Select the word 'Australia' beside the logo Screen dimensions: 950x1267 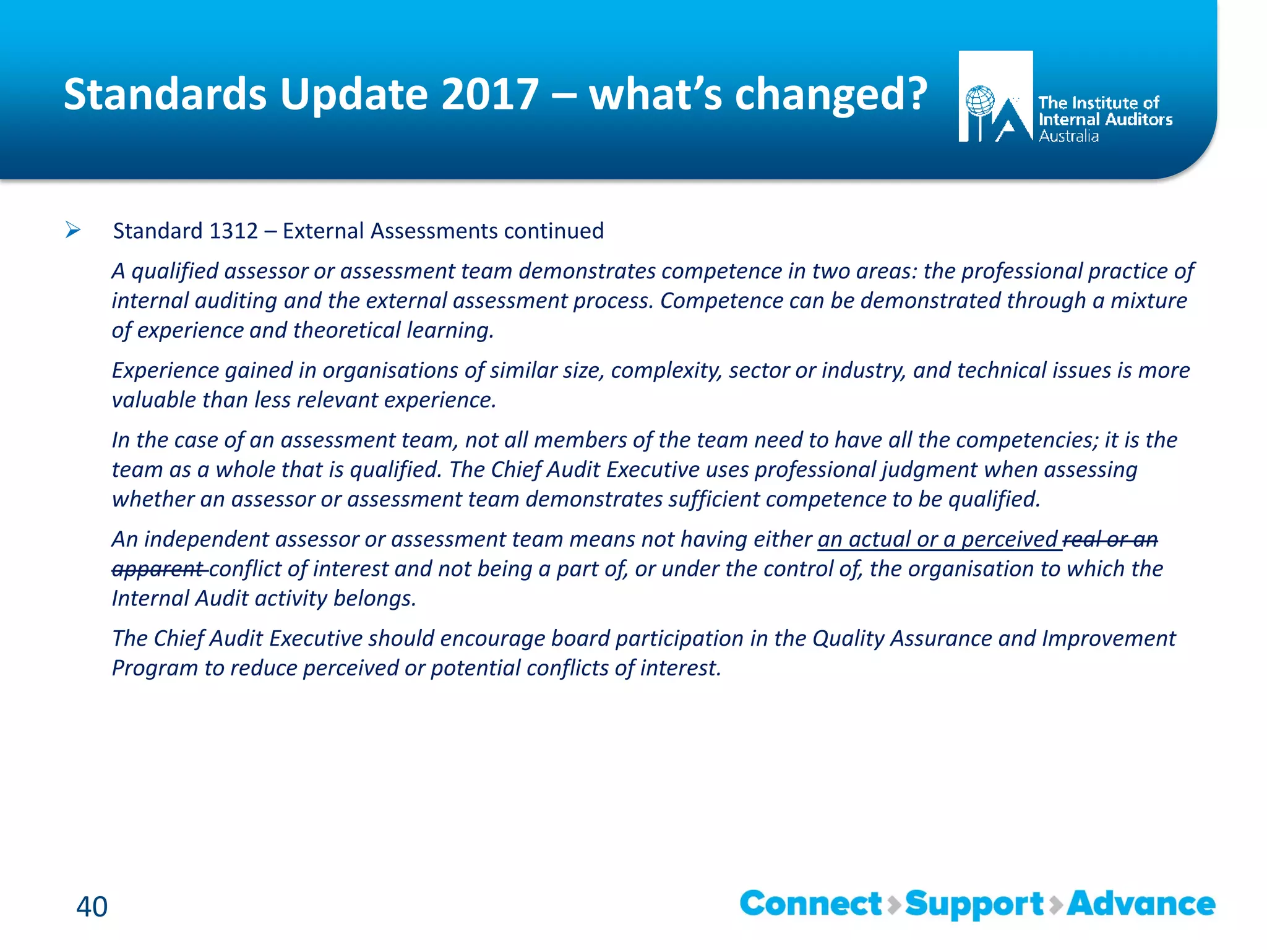tap(1068, 136)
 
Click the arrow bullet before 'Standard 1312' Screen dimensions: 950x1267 tap(73, 231)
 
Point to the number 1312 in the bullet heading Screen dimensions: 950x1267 tap(233, 231)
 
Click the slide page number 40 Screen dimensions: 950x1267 tap(92, 907)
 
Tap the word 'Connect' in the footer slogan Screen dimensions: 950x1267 tap(810, 904)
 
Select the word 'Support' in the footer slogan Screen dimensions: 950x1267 tap(974, 905)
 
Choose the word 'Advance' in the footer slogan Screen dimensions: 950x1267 tap(1141, 904)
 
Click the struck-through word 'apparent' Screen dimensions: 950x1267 tap(158, 569)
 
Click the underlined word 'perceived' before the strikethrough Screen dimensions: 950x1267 tap(1009, 539)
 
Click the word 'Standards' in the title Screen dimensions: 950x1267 tap(166, 95)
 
